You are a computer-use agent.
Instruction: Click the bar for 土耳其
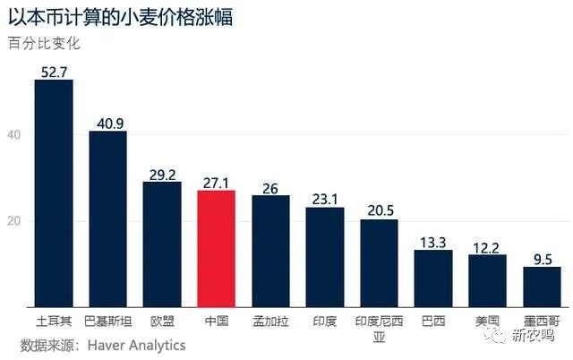coord(53,193)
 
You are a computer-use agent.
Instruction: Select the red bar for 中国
coord(216,248)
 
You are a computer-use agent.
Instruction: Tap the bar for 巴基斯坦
coord(107,219)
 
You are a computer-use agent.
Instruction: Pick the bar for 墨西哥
coord(542,287)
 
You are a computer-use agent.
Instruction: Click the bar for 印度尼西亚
coord(379,262)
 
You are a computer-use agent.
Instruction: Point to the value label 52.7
coord(53,71)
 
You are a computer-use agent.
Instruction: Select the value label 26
coord(270,187)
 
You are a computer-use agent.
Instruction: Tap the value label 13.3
coord(433,242)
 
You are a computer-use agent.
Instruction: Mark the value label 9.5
coord(542,258)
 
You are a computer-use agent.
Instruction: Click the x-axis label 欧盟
coord(162,320)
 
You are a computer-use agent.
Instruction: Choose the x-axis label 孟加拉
coord(270,320)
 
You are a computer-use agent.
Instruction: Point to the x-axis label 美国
coord(488,320)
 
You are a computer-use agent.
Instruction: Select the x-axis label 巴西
coord(433,320)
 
